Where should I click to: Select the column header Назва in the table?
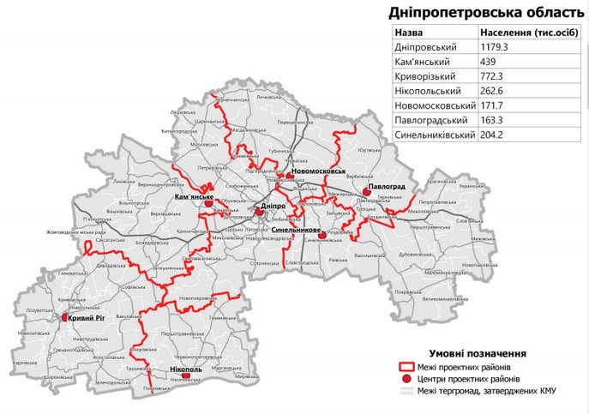410,32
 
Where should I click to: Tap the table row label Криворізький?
425,76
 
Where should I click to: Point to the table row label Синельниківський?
433,135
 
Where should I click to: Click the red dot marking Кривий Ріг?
65,317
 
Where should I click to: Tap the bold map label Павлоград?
382,185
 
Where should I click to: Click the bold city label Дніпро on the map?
273,207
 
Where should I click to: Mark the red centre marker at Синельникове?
322,237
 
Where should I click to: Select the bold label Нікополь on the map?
186,368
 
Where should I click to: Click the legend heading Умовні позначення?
478,353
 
